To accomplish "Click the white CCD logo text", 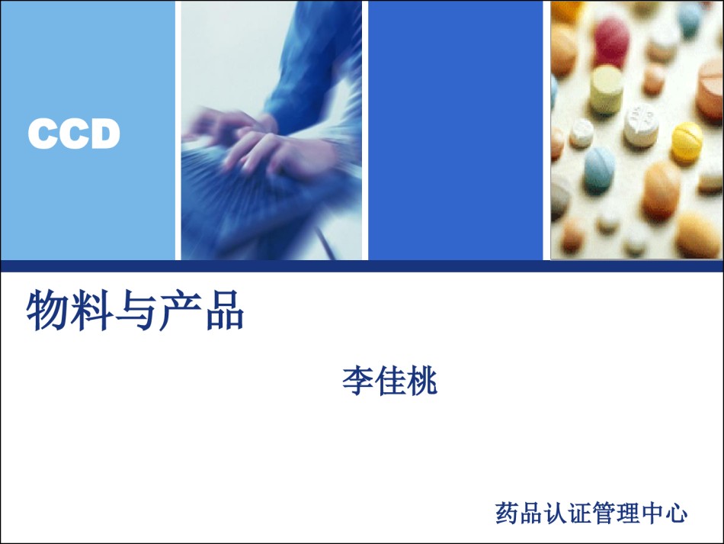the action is click(x=74, y=134).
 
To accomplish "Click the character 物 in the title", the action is click(x=48, y=310).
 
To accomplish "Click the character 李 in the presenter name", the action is click(x=358, y=381).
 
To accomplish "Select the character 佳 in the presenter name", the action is click(x=390, y=381).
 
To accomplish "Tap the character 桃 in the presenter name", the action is click(x=422, y=381).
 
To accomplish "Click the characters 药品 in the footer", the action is click(x=519, y=513).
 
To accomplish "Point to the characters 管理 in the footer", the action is click(x=616, y=513).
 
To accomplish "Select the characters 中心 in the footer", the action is click(x=664, y=513).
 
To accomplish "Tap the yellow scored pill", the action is click(x=687, y=141).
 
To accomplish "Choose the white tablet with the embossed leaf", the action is click(x=642, y=125).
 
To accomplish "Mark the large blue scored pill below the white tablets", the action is click(x=599, y=169).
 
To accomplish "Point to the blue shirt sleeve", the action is click(x=314, y=69).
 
